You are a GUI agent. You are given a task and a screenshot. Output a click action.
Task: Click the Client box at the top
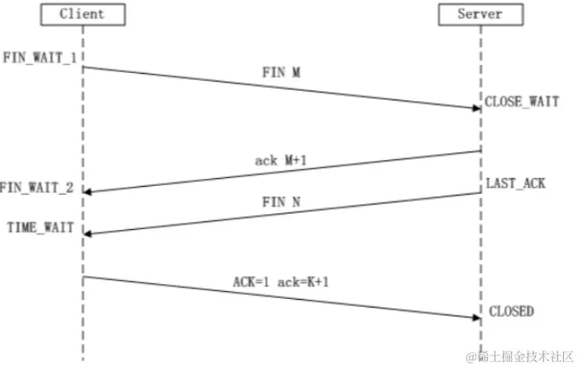click(82, 14)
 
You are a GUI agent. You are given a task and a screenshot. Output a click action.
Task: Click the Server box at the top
click(480, 14)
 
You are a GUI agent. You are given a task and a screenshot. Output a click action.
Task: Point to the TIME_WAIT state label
click(40, 228)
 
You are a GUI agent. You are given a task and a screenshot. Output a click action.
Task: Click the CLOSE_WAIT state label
click(522, 102)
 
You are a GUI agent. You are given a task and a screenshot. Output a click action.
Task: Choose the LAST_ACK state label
click(515, 183)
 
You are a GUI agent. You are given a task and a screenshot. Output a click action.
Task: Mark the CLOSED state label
click(511, 312)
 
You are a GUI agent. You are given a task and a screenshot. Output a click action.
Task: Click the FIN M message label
click(281, 72)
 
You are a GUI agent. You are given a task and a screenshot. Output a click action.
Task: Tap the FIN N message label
click(280, 202)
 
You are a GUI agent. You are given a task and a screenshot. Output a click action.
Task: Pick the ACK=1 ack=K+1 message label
click(281, 282)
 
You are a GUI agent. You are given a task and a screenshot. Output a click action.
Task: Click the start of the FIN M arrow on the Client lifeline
click(83, 67)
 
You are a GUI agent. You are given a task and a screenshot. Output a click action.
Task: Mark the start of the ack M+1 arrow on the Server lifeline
click(480, 151)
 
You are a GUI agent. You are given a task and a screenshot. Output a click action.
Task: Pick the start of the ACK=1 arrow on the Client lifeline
click(83, 276)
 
